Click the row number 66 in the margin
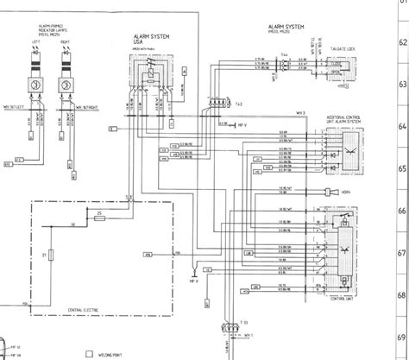coord(399,210)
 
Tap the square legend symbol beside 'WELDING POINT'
coord(88,353)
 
